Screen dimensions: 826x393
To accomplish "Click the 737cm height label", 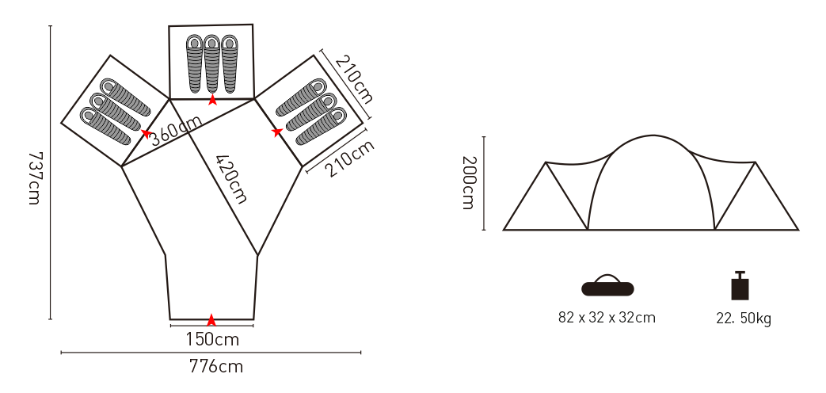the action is click(35, 178).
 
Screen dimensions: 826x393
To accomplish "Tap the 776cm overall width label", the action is click(216, 366).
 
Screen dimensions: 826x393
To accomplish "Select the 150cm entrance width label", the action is click(212, 339).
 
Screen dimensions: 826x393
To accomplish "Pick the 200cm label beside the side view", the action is click(469, 183).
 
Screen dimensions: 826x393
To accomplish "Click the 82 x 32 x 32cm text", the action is click(607, 318).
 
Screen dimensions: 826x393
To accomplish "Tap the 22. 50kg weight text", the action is click(744, 319).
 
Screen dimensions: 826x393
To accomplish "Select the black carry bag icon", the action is click(607, 285).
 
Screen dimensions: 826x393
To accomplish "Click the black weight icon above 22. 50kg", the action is click(740, 285).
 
